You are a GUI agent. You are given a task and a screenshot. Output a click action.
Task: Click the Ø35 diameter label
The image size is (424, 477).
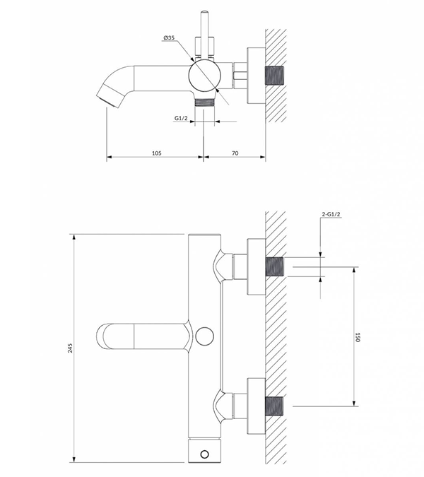(169, 37)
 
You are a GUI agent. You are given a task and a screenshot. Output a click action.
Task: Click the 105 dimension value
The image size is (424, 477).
(157, 153)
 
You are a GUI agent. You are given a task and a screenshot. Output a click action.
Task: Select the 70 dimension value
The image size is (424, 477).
(235, 153)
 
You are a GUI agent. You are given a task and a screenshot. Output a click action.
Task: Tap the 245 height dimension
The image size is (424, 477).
(70, 348)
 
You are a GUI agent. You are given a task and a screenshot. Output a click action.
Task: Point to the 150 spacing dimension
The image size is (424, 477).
(358, 337)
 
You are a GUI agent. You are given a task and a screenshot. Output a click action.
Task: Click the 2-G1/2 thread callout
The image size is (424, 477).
(331, 214)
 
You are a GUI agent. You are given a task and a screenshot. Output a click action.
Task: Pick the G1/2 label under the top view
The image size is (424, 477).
(181, 118)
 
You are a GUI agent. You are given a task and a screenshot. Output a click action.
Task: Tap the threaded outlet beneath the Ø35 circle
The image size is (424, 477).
(204, 102)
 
